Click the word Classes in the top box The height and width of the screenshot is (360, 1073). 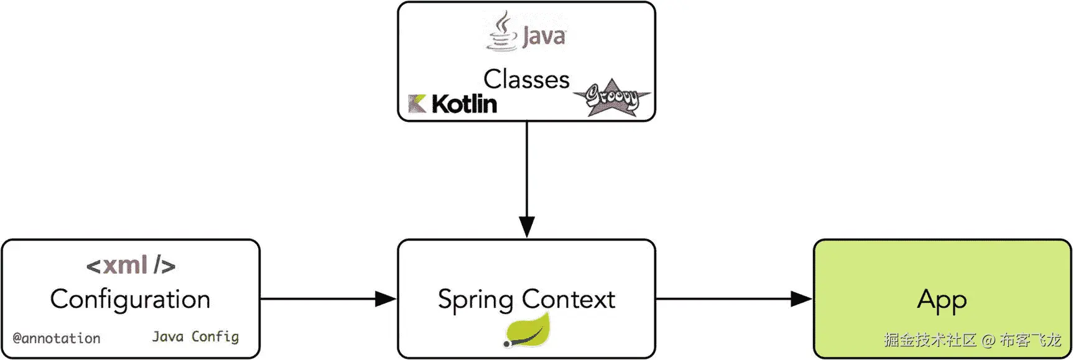(x=526, y=80)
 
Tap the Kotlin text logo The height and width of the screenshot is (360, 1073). (x=464, y=104)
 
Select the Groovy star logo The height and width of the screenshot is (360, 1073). (x=611, y=98)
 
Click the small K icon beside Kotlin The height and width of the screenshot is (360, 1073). (x=417, y=104)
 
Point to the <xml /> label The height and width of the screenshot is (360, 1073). (x=131, y=265)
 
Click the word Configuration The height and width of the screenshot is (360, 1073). (x=130, y=299)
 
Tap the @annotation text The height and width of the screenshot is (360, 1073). (x=57, y=338)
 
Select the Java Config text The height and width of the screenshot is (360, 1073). (x=195, y=336)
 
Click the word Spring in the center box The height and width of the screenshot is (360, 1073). (x=475, y=300)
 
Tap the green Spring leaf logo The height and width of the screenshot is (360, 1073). (x=527, y=330)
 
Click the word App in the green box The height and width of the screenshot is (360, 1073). (x=942, y=300)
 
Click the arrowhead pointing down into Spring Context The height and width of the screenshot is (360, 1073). (x=527, y=226)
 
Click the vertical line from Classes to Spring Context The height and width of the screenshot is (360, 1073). (x=527, y=168)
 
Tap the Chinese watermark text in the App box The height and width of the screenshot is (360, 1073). (x=972, y=340)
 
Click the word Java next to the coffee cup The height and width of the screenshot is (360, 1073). (x=544, y=36)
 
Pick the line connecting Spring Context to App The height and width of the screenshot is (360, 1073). (x=722, y=299)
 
